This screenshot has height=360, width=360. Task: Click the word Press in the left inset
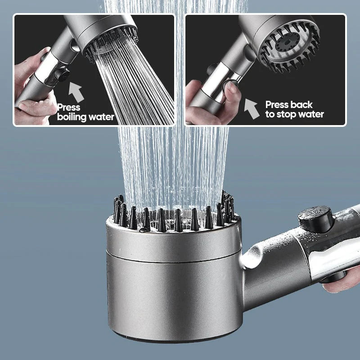pos(69,107)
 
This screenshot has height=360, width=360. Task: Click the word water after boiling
pos(100,117)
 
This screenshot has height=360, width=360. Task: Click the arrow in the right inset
pos(252,108)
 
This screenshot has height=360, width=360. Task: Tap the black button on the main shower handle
pos(315,219)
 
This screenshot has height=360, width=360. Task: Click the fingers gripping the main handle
pos(344,279)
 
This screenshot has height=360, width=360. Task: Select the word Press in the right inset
pos(276,104)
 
